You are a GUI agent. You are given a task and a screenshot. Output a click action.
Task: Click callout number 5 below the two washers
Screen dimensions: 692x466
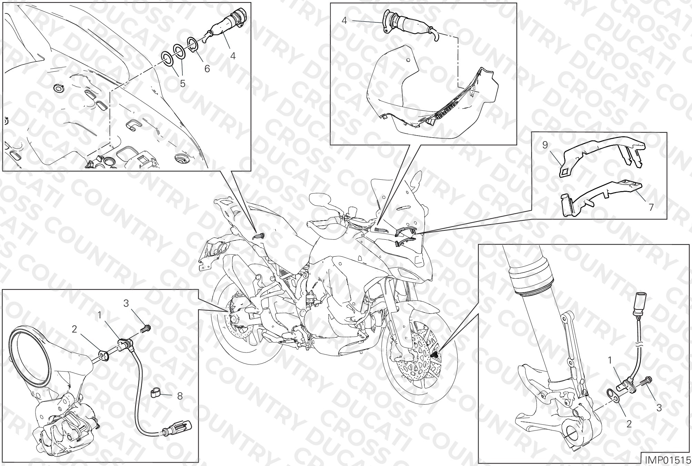click(182, 83)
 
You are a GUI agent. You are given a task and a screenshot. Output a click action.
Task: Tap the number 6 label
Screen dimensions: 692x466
click(207, 69)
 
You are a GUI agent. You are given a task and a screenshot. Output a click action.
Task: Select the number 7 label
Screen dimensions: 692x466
click(651, 207)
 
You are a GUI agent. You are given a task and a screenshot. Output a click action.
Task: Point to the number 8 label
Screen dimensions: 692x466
click(180, 396)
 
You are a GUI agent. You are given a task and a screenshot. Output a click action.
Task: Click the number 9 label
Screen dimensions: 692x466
click(545, 145)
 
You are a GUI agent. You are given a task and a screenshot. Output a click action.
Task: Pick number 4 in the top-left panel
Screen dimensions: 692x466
click(233, 56)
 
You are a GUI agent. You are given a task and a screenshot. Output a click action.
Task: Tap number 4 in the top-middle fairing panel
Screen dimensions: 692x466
click(344, 20)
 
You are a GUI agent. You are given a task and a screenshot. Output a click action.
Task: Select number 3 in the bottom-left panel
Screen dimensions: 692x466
click(126, 303)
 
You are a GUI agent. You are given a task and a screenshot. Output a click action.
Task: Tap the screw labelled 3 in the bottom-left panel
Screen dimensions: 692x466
click(146, 329)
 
